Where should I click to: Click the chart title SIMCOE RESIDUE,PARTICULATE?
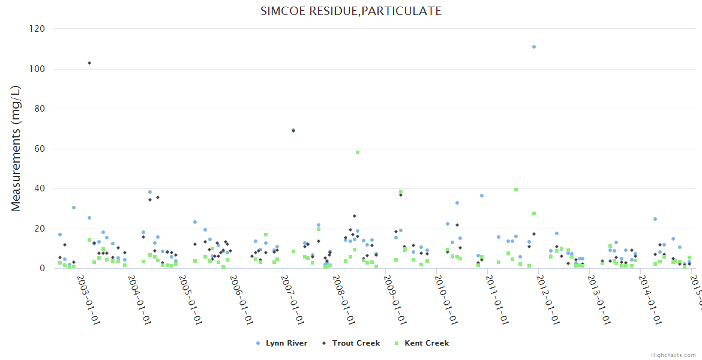tap(351, 11)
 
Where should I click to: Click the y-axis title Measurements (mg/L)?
tap(16, 148)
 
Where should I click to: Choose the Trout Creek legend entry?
tap(352, 343)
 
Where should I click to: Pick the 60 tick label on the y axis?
tap(41, 149)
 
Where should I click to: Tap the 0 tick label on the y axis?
tap(43, 269)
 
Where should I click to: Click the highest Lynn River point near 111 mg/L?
tap(533, 47)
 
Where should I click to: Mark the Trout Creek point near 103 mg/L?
tap(89, 63)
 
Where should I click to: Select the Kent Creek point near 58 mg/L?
tap(358, 152)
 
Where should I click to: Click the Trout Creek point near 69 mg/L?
tap(293, 130)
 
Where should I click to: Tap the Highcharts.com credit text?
tap(673, 355)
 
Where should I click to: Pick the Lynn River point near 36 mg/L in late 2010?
tap(481, 196)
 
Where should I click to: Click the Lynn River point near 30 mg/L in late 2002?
tap(74, 208)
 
